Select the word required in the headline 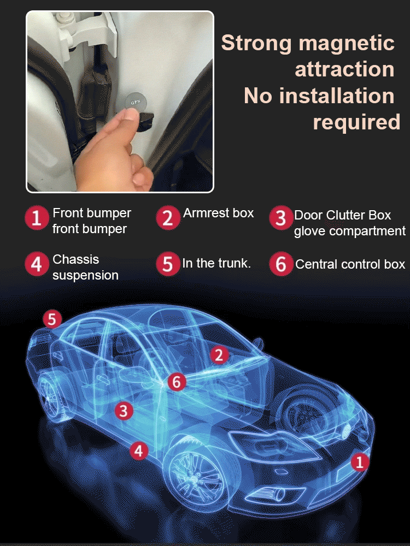point(356,122)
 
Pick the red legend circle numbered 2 point(167,218)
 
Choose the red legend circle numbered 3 point(280,218)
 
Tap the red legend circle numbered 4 point(36,264)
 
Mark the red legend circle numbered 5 point(167,264)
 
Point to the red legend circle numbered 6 point(280,264)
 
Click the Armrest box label point(218,213)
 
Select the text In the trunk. point(216,263)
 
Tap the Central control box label point(350,265)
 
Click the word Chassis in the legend point(76,259)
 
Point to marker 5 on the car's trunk point(52,319)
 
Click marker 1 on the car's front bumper point(359,463)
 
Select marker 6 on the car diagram point(176,382)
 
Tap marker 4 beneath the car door point(139,451)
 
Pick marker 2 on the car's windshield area point(219,355)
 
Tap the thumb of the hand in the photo point(127,116)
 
